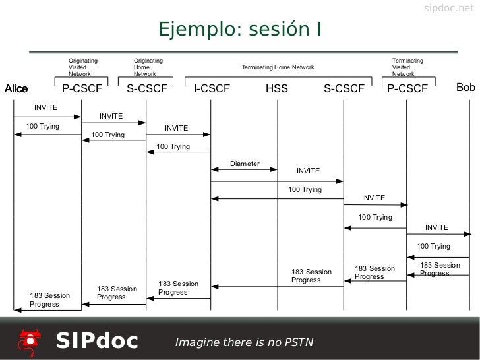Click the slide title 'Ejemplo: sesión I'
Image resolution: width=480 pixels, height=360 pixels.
tap(239, 30)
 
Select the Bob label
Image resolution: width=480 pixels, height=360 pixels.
tap(465, 88)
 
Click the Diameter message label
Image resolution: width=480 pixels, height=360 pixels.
tap(245, 164)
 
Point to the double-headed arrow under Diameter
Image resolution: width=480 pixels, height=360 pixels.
tap(244, 169)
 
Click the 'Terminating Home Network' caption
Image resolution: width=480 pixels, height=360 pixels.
tap(278, 67)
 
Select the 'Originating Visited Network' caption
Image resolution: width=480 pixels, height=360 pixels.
tap(83, 67)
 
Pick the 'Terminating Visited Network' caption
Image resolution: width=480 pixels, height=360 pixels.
tap(407, 67)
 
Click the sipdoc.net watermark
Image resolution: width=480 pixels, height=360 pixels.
tap(448, 8)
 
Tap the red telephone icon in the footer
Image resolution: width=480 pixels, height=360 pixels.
tap(28, 340)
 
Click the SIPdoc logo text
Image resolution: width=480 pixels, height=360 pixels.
tap(97, 341)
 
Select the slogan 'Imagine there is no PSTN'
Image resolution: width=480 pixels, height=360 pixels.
tap(244, 342)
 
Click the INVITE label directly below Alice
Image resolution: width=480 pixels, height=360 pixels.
tap(46, 107)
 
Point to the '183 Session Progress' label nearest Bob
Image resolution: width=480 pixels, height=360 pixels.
tap(440, 269)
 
